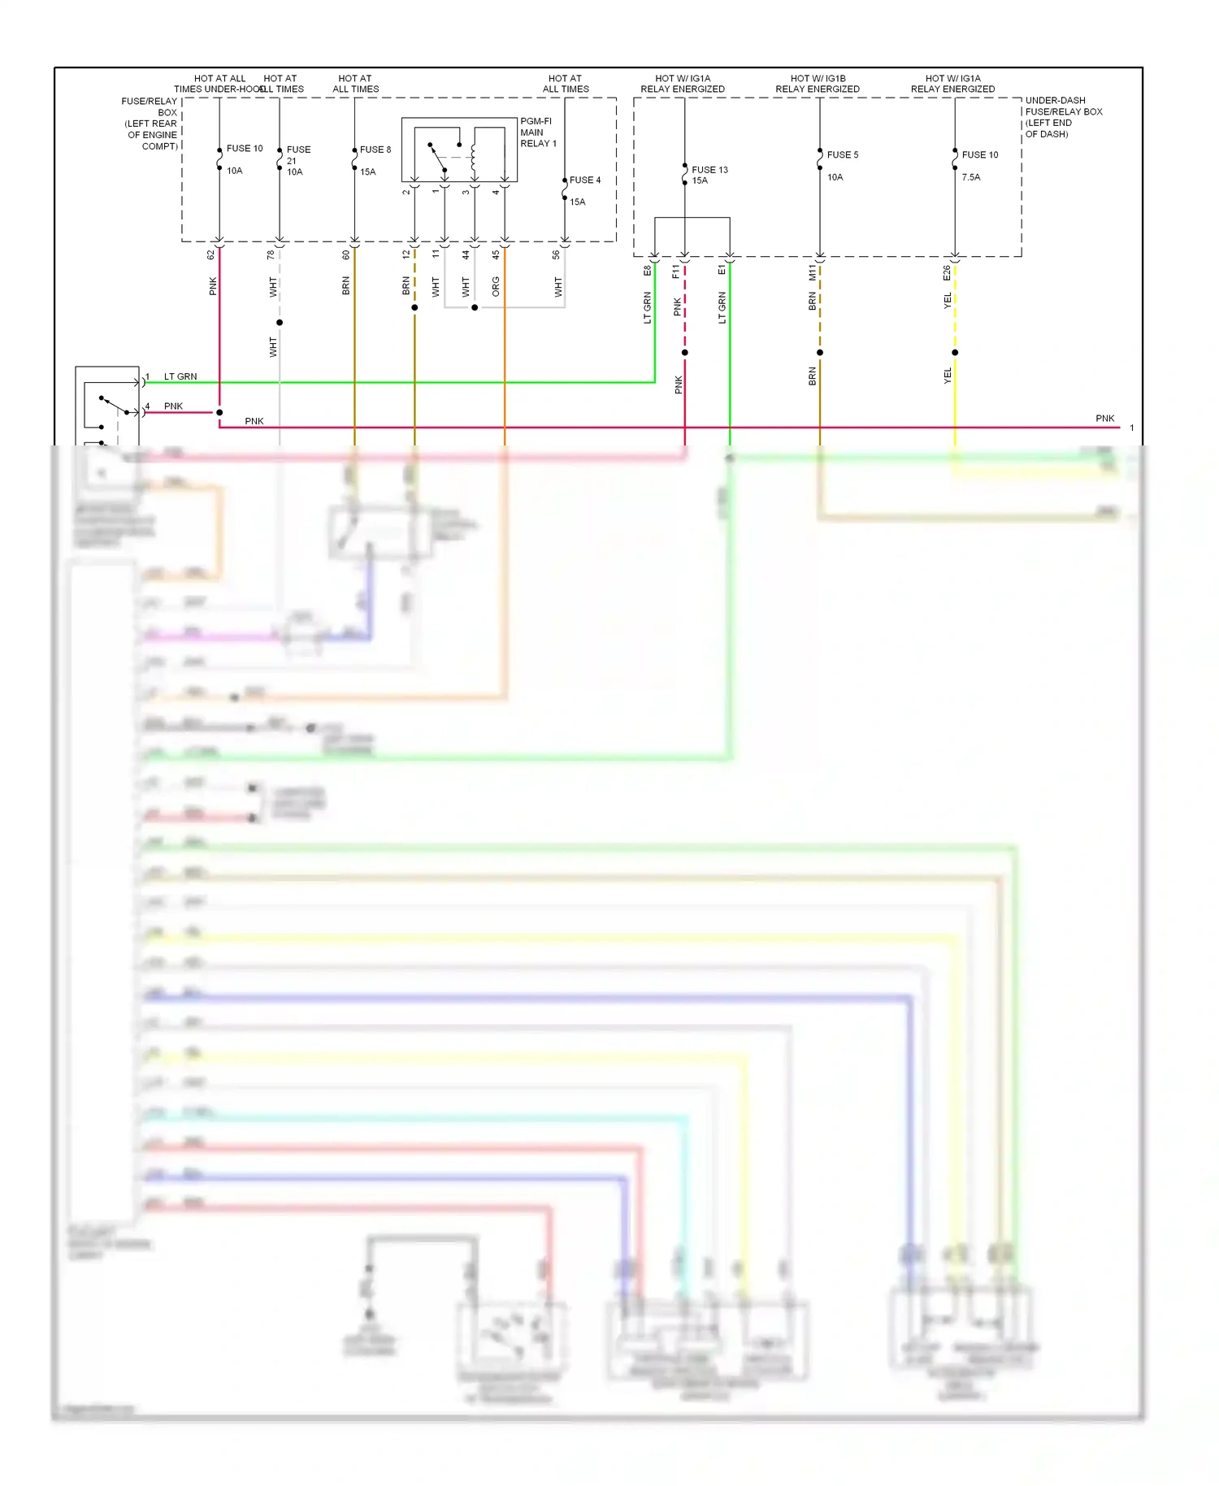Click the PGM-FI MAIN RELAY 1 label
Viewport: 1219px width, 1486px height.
tap(538, 133)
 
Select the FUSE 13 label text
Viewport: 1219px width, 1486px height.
tap(709, 170)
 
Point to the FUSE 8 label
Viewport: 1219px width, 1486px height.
tap(375, 150)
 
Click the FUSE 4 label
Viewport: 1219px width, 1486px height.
tap(585, 180)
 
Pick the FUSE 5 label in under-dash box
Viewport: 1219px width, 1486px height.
tap(843, 154)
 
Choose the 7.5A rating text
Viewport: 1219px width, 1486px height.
tap(971, 177)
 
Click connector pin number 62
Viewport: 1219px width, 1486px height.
tap(210, 254)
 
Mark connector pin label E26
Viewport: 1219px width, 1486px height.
tap(947, 273)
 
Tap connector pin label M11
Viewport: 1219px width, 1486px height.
tap(812, 273)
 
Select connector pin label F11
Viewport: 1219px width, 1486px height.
tap(676, 272)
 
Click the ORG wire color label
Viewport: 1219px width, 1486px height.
tap(496, 286)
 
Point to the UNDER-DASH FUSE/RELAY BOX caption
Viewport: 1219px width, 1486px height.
tap(1063, 117)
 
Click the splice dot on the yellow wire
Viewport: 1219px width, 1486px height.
tap(955, 353)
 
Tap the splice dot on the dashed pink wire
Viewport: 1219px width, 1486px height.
tap(685, 353)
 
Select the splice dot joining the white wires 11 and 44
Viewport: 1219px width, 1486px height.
tap(475, 307)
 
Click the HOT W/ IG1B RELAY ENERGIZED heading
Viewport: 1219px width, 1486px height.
tap(818, 84)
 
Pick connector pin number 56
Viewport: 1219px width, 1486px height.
tap(556, 254)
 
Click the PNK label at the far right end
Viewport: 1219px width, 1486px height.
tap(1104, 419)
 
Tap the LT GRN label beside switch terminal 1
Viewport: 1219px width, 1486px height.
tap(180, 376)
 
